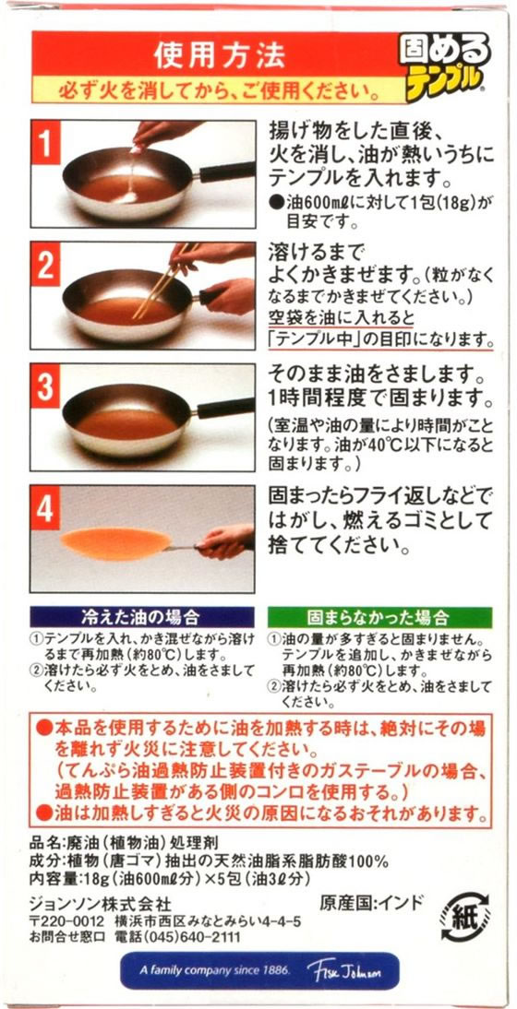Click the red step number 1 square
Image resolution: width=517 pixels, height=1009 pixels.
point(45,144)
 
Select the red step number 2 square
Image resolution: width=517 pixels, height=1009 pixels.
point(45,265)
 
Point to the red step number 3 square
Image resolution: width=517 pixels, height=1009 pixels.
point(45,386)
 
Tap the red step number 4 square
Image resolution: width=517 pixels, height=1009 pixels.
point(45,508)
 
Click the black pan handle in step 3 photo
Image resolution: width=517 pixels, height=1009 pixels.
point(225,408)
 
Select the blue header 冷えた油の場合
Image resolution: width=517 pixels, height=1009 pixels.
point(141,618)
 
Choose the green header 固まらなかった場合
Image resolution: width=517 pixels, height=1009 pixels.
point(379,618)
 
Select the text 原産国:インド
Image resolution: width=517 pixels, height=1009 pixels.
point(372,902)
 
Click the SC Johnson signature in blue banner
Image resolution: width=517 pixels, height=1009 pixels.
point(343,970)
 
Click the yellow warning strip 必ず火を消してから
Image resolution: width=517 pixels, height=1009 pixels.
point(219,90)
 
